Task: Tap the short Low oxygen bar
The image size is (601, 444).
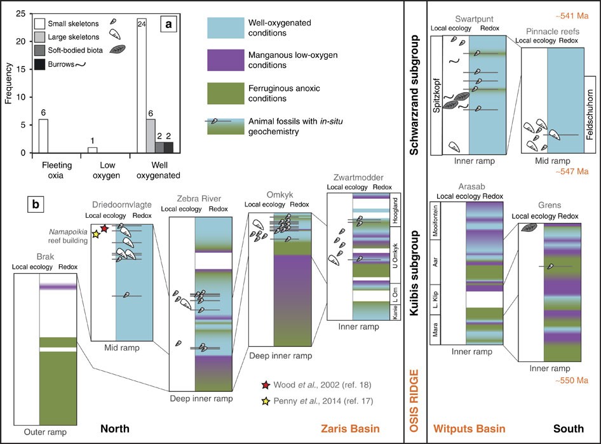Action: (93, 150)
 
